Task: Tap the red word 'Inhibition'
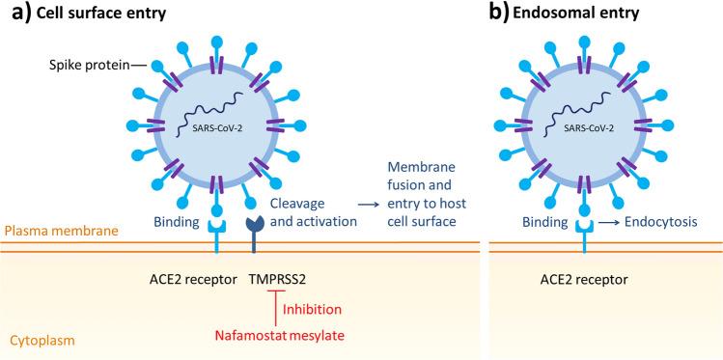coord(315,309)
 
